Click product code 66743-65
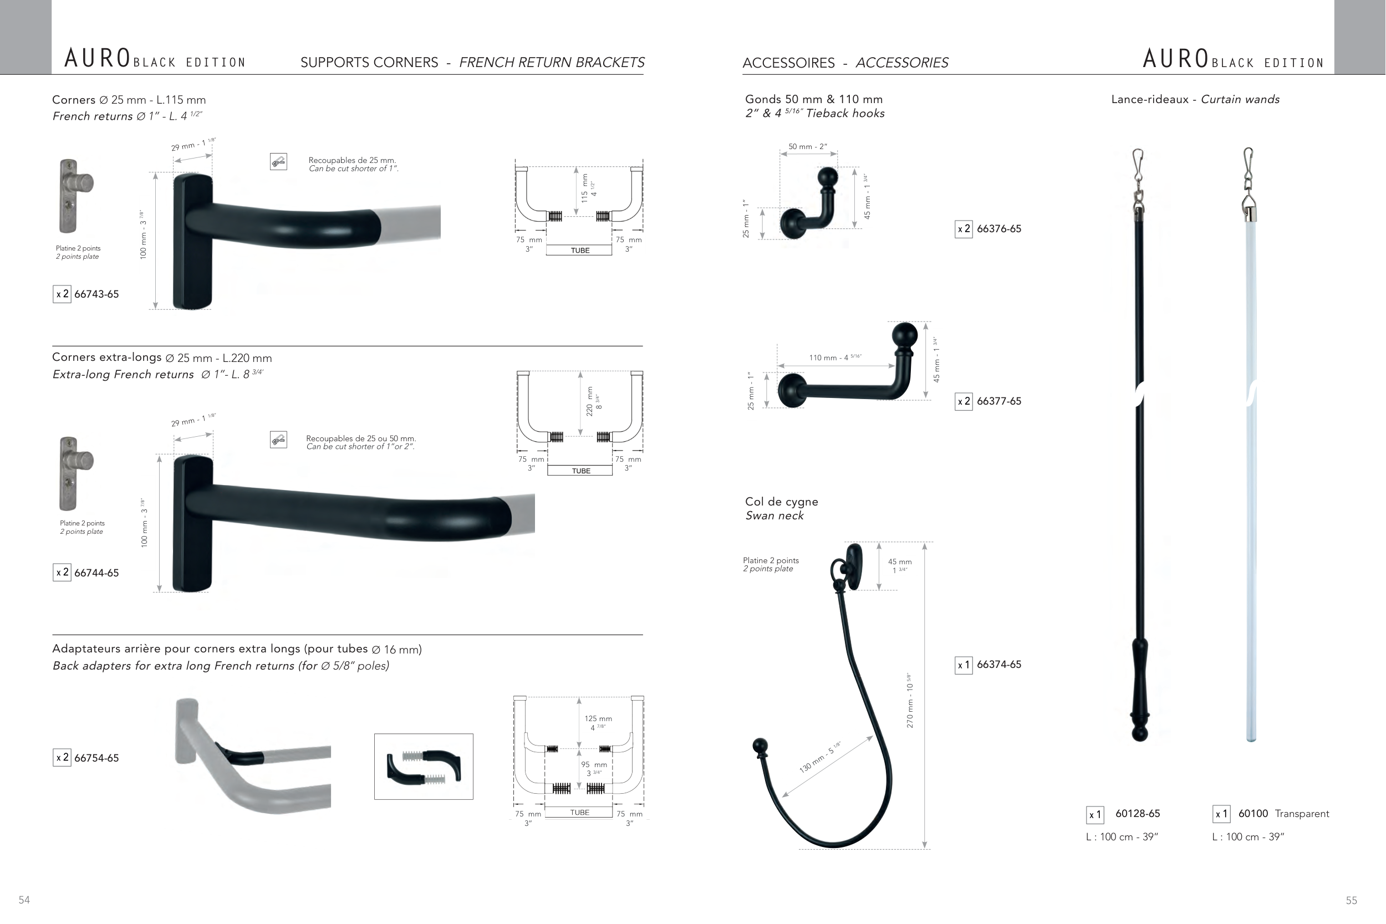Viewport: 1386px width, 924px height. [x=96, y=294]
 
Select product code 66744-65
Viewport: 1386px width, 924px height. [x=96, y=573]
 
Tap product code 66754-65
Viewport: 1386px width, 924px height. [x=96, y=758]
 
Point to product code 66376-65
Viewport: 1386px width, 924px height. [x=999, y=228]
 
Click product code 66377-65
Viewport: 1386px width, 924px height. [x=999, y=401]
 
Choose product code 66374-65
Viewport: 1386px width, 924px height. [x=999, y=665]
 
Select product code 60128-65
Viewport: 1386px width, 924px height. [x=1137, y=814]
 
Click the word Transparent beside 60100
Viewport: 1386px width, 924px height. [x=1302, y=814]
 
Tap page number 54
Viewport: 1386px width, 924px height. [x=24, y=900]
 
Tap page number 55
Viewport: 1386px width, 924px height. [x=1351, y=900]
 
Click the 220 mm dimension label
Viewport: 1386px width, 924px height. [x=590, y=401]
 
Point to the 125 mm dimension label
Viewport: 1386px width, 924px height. [x=598, y=719]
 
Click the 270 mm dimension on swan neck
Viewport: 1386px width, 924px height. [x=910, y=701]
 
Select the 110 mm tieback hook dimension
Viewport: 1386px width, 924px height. [x=835, y=358]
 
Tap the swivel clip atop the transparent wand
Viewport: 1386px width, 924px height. [x=1247, y=177]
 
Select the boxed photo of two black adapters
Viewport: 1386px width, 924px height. [x=424, y=767]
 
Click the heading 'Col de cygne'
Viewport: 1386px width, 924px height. [x=781, y=502]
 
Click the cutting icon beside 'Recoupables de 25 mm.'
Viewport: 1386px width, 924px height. [x=278, y=161]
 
